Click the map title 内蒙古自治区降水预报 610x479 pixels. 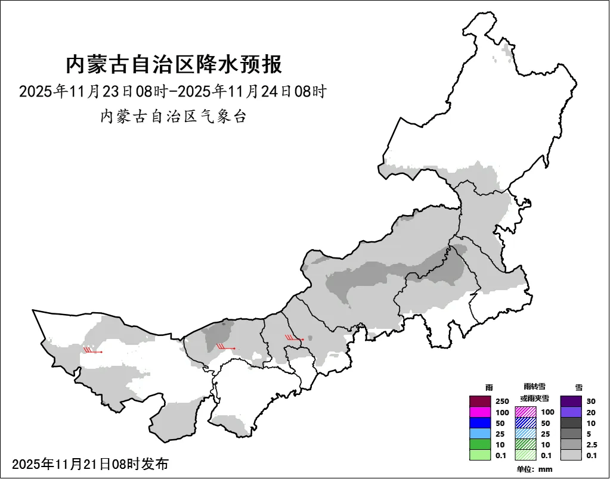tap(173, 64)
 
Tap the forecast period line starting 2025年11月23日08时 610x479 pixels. tap(173, 92)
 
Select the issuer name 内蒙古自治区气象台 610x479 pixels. tap(173, 116)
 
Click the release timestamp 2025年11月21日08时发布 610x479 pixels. tap(90, 464)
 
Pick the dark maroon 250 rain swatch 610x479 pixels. tap(479, 401)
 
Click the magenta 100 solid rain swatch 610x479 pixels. tap(479, 412)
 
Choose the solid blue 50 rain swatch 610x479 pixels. tap(479, 422)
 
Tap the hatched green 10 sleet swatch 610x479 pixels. tap(525, 444)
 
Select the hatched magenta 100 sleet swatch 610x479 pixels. tap(525, 412)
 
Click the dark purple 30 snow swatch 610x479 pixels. tap(571, 401)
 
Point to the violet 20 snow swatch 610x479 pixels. tap(571, 412)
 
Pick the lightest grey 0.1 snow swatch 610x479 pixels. tap(571, 455)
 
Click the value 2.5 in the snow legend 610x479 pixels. tap(592, 444)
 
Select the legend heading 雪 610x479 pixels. tap(579, 387)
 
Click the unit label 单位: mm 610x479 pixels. tap(534, 469)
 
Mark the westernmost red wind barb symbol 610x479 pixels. tap(92, 351)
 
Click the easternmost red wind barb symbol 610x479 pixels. tap(295, 338)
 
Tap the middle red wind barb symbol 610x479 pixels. tap(225, 347)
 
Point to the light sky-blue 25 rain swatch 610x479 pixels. tap(479, 433)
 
